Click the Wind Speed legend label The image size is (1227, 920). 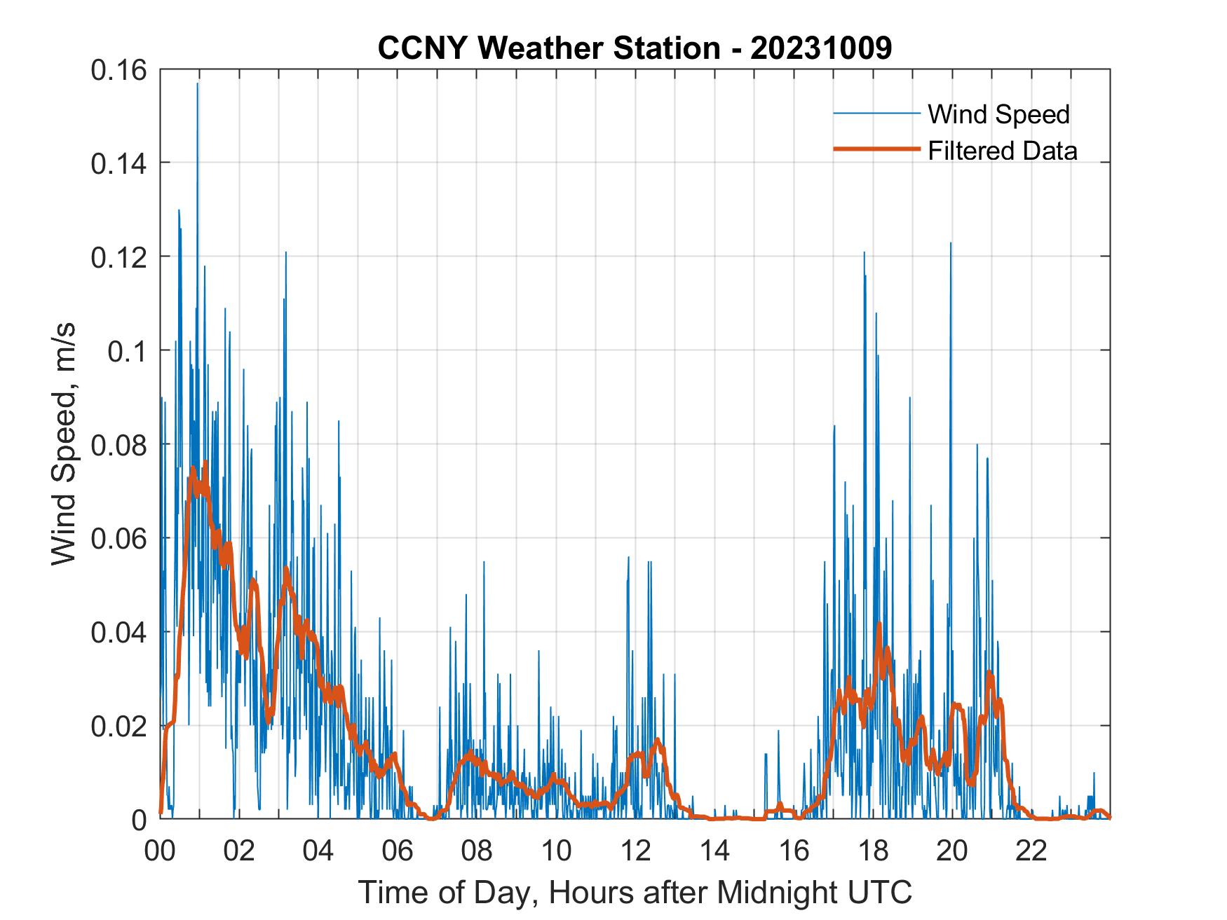click(x=998, y=114)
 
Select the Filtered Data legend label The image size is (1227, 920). click(x=1002, y=151)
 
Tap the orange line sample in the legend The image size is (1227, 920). click(x=876, y=149)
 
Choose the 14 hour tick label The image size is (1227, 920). click(x=714, y=851)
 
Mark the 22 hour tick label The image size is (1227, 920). click(x=1031, y=851)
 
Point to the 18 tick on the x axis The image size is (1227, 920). click(x=873, y=851)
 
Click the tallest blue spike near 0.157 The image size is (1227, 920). click(x=198, y=84)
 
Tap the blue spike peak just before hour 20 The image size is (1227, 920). click(x=951, y=244)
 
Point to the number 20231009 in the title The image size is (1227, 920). click(x=821, y=48)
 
